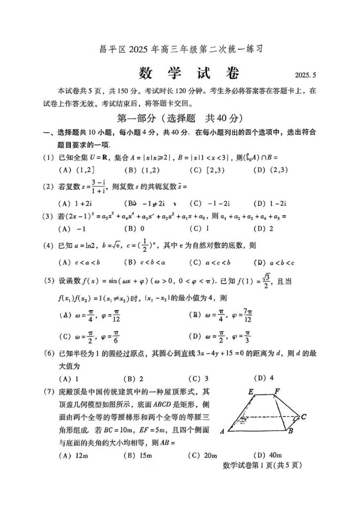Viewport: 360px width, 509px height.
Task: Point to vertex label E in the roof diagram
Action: [251, 392]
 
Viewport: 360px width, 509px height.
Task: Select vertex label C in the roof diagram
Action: [303, 417]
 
